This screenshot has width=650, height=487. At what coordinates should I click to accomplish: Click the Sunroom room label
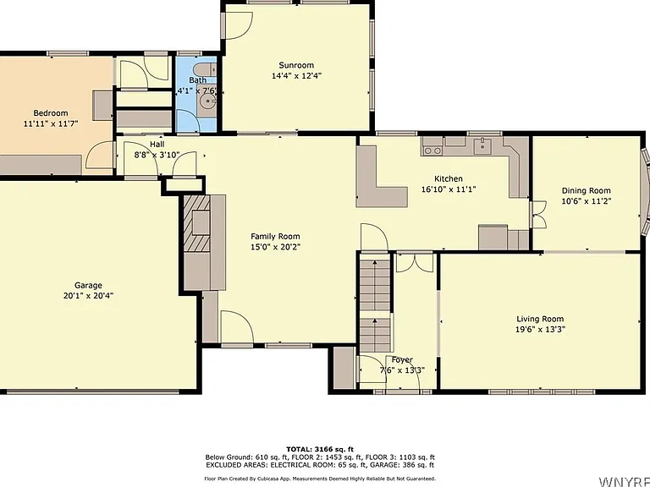point(296,65)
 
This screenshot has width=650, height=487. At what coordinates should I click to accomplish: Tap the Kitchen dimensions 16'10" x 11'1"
point(448,189)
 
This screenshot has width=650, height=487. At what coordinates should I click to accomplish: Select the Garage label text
point(88,285)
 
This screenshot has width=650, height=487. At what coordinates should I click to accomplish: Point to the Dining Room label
point(587,191)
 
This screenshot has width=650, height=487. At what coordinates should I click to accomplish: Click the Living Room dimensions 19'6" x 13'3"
point(540,330)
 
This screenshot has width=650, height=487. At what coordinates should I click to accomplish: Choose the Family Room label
point(275,237)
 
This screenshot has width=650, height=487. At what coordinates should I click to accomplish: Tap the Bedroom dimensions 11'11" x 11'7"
point(51,123)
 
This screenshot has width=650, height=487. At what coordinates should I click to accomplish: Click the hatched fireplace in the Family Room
point(197,223)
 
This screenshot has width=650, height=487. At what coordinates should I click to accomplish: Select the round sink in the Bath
point(207,101)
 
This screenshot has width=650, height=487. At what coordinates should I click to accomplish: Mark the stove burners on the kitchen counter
point(432,150)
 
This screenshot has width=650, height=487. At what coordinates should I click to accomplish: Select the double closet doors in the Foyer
point(415,264)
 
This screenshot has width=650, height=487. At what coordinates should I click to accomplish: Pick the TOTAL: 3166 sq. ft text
point(320,449)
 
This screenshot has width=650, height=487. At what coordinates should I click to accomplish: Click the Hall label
point(157,144)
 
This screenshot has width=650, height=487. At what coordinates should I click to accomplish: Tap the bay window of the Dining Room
point(646,191)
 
